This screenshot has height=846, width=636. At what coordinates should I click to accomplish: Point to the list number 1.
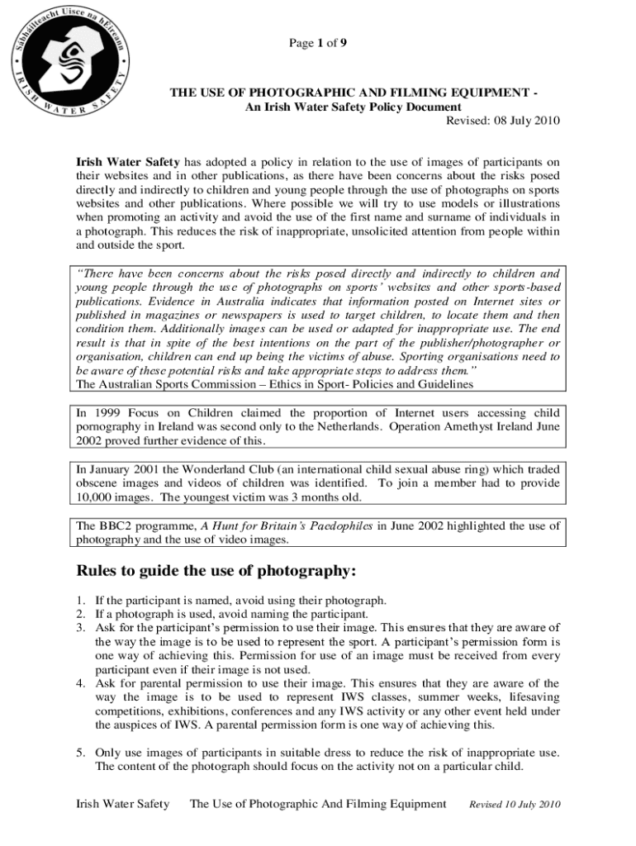[x=80, y=601]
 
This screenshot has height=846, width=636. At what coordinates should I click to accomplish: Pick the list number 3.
[x=80, y=627]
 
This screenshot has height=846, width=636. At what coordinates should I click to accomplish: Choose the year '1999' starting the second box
[x=112, y=412]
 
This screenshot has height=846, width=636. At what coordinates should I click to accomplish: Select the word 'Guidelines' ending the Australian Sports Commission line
[x=445, y=383]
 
